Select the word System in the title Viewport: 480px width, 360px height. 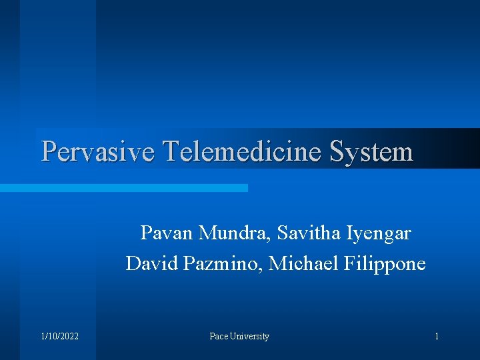tap(371, 151)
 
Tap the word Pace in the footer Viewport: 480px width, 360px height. tap(218, 337)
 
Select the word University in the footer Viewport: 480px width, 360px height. tap(249, 337)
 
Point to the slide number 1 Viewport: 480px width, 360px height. tap(437, 337)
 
